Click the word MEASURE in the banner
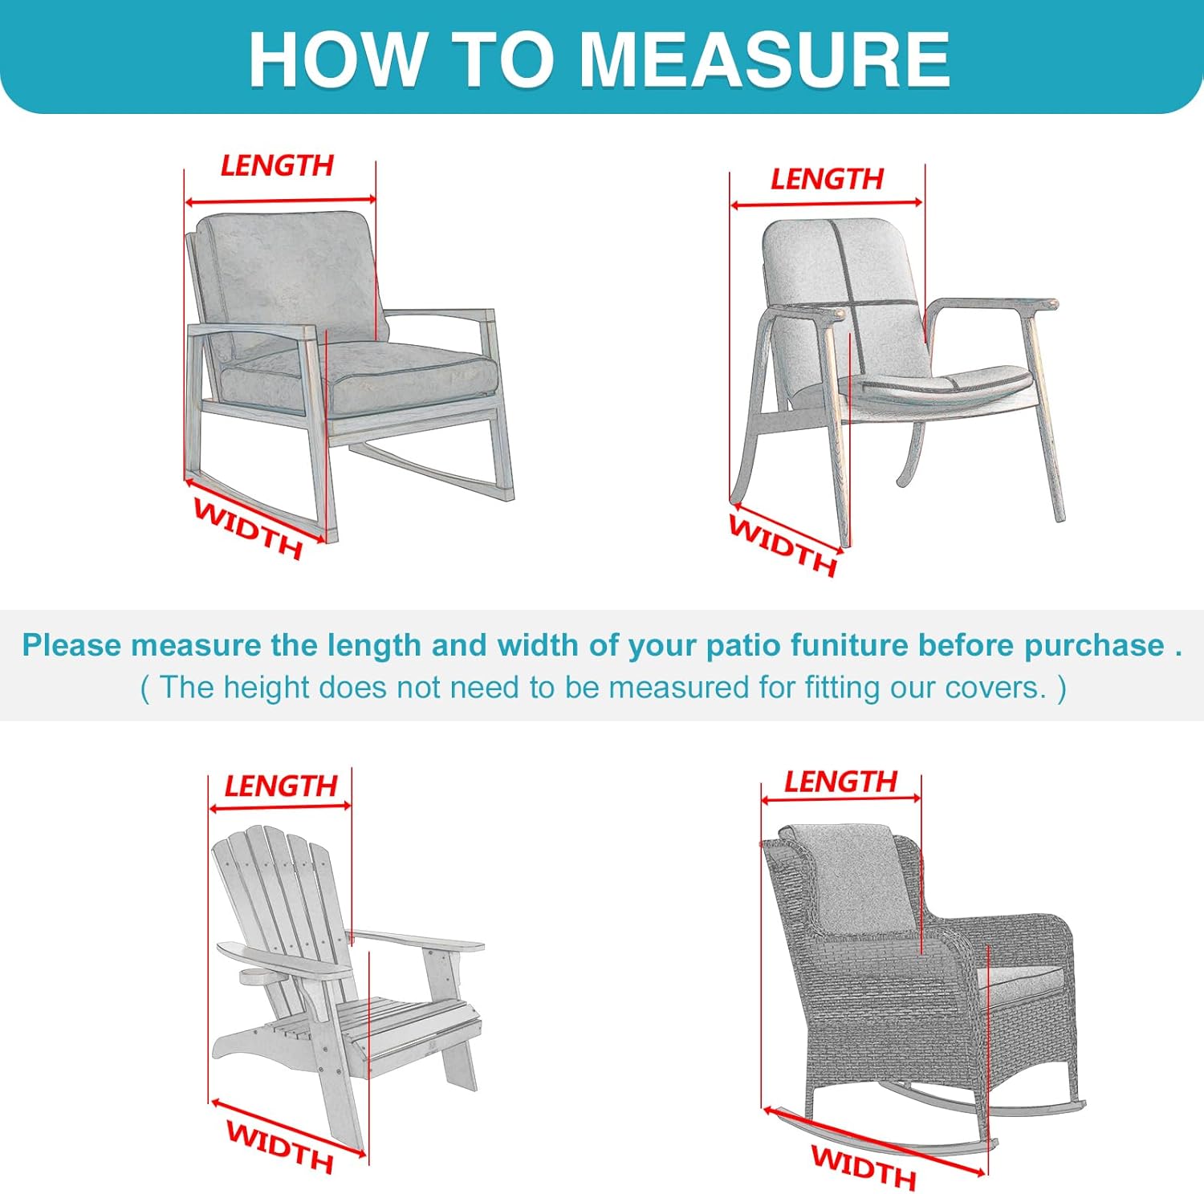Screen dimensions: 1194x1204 pyautogui.click(x=764, y=59)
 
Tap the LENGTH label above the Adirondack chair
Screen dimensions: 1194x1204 pyautogui.click(x=280, y=786)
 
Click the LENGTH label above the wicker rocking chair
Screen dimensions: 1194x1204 pyautogui.click(x=840, y=782)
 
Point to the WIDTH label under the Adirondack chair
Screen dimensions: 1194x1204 pyautogui.click(x=279, y=1146)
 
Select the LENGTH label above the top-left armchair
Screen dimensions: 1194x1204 pyautogui.click(x=277, y=166)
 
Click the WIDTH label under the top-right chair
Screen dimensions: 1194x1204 pyautogui.click(x=783, y=546)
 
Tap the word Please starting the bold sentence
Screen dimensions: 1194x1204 pyautogui.click(x=72, y=645)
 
